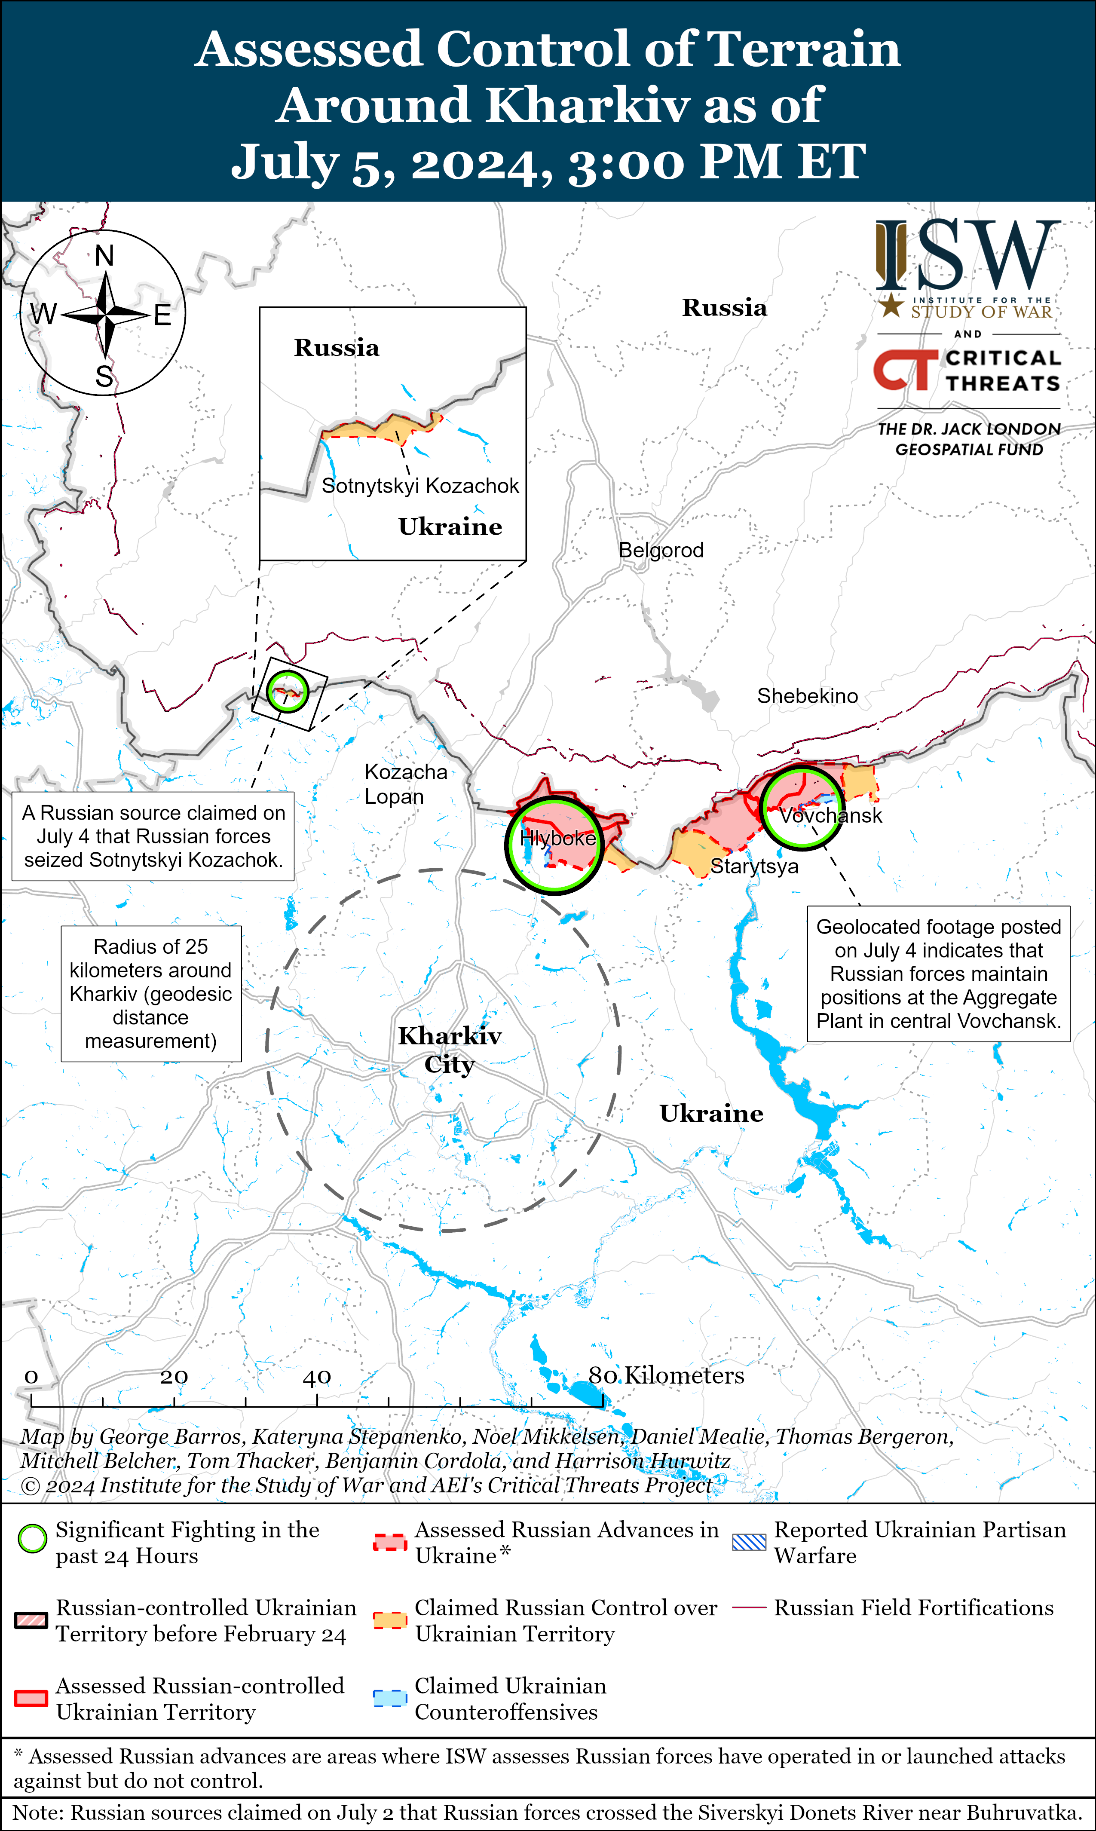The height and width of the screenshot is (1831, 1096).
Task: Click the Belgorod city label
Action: (x=661, y=550)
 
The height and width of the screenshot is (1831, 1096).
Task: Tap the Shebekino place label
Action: (x=807, y=696)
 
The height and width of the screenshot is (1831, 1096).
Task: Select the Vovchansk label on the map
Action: (x=831, y=815)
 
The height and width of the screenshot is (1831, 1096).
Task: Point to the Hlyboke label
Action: (x=557, y=838)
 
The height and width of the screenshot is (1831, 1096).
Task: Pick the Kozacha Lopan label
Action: (x=405, y=784)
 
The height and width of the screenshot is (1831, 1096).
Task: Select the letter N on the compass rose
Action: (x=104, y=256)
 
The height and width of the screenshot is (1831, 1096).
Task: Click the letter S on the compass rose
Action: (x=104, y=377)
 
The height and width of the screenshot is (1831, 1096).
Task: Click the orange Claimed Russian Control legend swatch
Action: (x=390, y=1620)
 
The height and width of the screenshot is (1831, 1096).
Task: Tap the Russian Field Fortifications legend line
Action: (x=749, y=1608)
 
